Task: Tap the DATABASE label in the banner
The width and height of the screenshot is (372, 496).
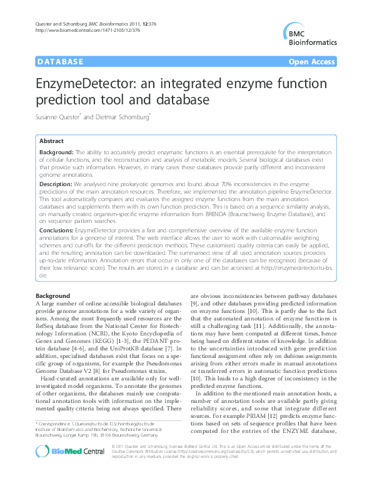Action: [61, 62]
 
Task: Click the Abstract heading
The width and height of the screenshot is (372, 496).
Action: [52, 142]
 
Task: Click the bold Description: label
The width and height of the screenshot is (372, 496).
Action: [56, 185]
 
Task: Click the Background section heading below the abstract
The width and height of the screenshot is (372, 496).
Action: [52, 295]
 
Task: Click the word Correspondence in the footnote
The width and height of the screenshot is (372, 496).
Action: [56, 424]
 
